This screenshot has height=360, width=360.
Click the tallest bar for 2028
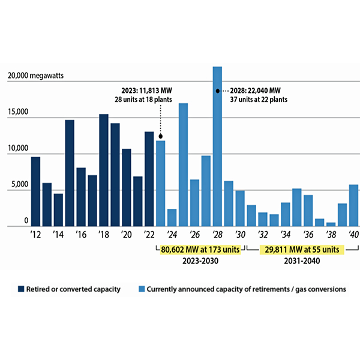pos(217,147)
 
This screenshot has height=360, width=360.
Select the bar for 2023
pos(160,184)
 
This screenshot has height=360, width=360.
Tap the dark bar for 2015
pos(70,173)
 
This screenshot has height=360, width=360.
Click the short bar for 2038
pos(331,224)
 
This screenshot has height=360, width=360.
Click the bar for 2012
pos(35,191)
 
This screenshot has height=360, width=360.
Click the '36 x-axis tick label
pos(308,235)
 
